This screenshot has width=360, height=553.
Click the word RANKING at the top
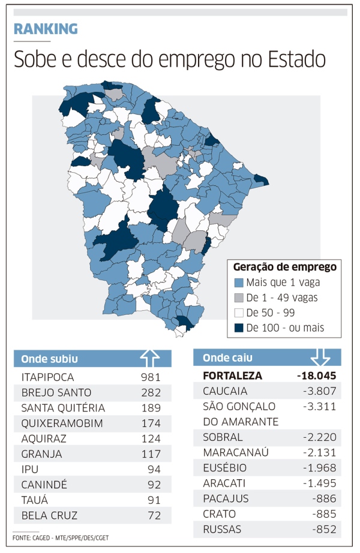46,28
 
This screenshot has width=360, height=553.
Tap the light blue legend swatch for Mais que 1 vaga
238,282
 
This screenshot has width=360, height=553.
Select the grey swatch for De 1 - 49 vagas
238,297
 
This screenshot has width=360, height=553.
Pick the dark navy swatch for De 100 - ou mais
238,328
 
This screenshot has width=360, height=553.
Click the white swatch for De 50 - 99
238,312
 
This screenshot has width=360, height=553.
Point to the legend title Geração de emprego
284,266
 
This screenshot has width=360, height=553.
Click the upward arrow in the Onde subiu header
150,358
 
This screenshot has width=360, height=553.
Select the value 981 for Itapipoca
151,377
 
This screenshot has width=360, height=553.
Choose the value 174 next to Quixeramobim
151,423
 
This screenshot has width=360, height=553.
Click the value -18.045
316,376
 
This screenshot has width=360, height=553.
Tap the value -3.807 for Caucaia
320,392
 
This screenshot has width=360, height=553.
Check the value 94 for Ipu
154,469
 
